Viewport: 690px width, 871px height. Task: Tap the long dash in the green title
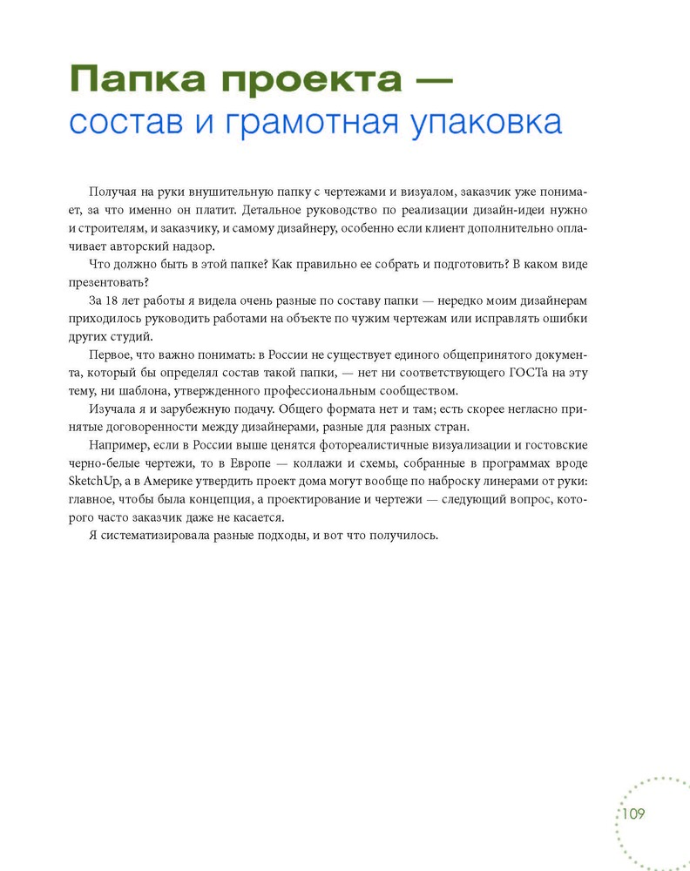424,80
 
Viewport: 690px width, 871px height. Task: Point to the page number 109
632,814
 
